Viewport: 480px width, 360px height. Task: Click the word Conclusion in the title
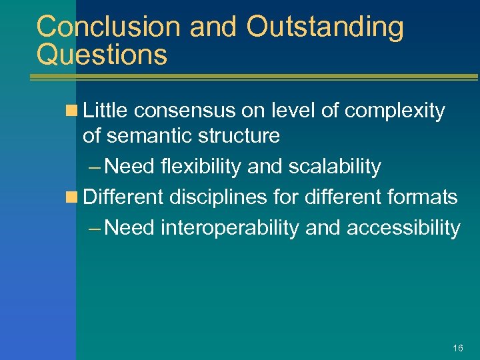point(109,27)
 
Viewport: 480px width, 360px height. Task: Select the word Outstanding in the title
point(325,27)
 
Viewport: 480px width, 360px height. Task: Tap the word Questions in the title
point(102,55)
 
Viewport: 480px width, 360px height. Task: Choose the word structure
point(237,136)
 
